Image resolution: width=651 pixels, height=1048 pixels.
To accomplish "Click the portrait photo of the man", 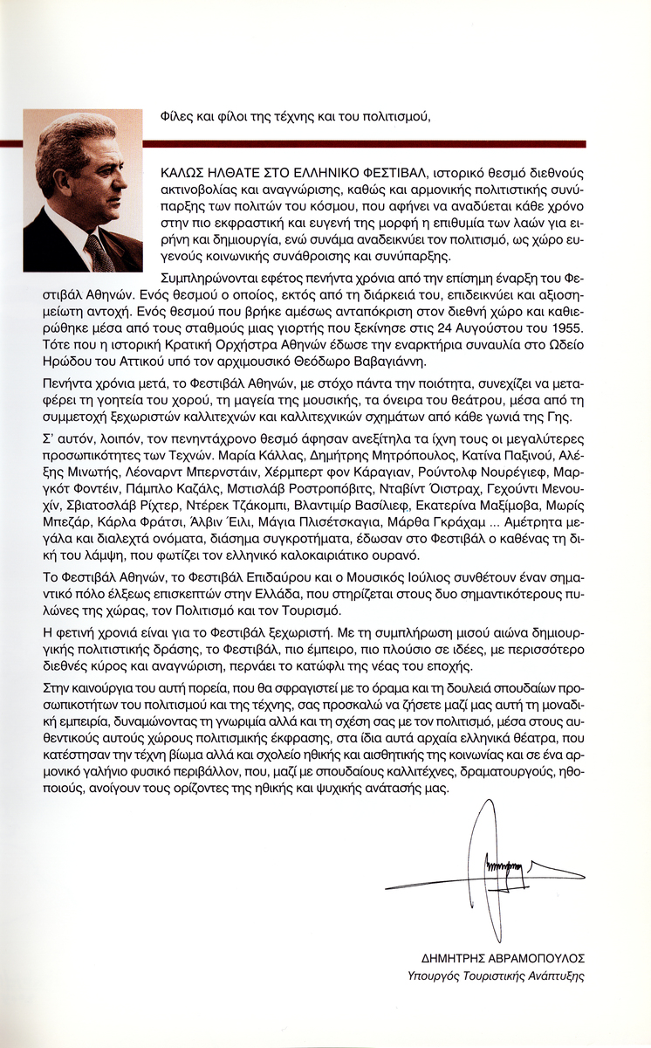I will (x=83, y=190).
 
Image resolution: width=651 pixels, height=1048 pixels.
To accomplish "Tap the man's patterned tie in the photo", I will (x=99, y=253).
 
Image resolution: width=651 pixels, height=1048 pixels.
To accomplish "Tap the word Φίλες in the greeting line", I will (x=178, y=116).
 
